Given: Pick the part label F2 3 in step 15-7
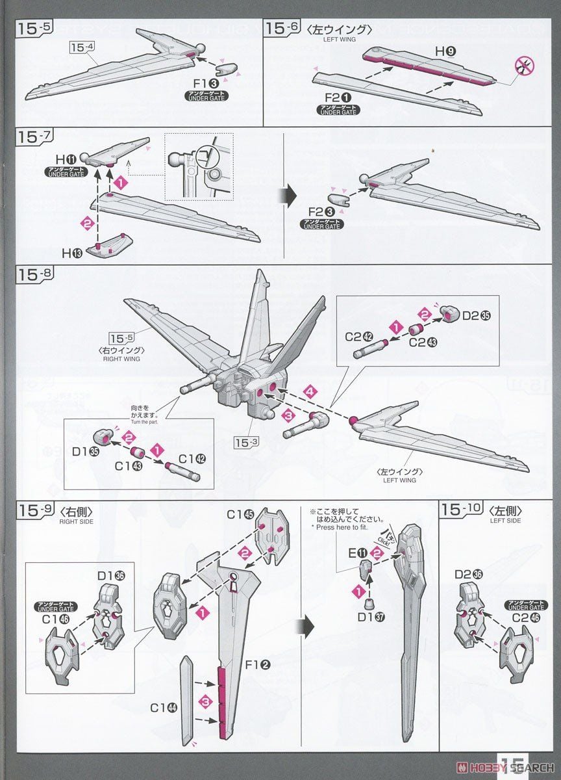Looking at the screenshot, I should [x=320, y=213].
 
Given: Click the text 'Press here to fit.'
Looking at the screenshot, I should [x=342, y=527].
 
